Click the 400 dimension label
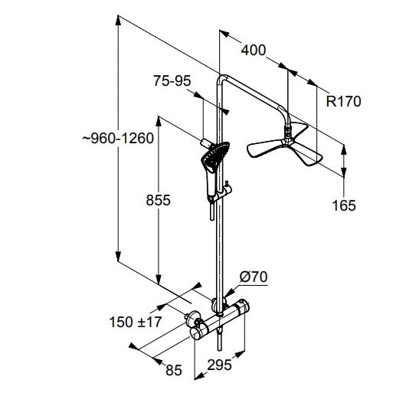coord(254,51)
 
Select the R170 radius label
coord(343,101)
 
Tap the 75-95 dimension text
coord(172,80)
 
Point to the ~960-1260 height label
coord(118,138)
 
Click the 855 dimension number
coord(159,200)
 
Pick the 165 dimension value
coord(344,205)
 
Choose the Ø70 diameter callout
coord(254,277)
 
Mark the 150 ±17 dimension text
coord(135,322)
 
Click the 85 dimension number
coord(174,370)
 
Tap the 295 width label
coord(219,365)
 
